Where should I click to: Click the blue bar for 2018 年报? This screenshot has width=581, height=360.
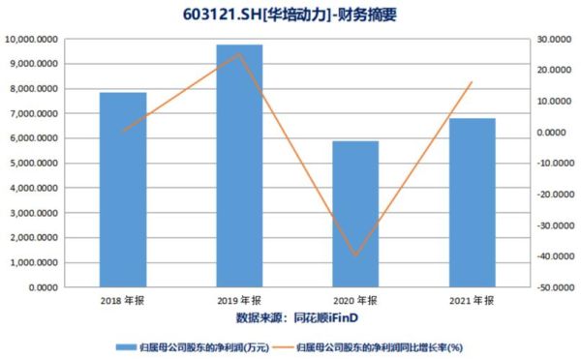coord(123,190)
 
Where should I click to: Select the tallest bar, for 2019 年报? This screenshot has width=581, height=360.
coord(239,165)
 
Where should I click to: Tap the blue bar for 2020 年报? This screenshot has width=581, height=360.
coord(355,214)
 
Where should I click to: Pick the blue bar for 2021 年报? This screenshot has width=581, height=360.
coord(472,202)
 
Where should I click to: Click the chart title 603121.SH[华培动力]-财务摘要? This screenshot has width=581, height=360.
coord(291,15)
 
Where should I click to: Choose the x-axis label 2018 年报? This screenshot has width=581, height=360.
coord(123,301)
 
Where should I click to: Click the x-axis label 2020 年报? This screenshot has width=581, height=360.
coord(355,301)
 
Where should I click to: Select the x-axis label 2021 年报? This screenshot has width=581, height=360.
coord(472,301)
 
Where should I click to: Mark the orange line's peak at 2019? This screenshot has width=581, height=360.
coord(239,53)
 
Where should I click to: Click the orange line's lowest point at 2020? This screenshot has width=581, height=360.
coord(355,255)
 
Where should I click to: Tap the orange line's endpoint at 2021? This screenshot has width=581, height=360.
coord(472,82)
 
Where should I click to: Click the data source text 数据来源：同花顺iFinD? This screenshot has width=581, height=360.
coord(290,317)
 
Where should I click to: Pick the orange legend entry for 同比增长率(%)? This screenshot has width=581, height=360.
coord(387,345)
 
